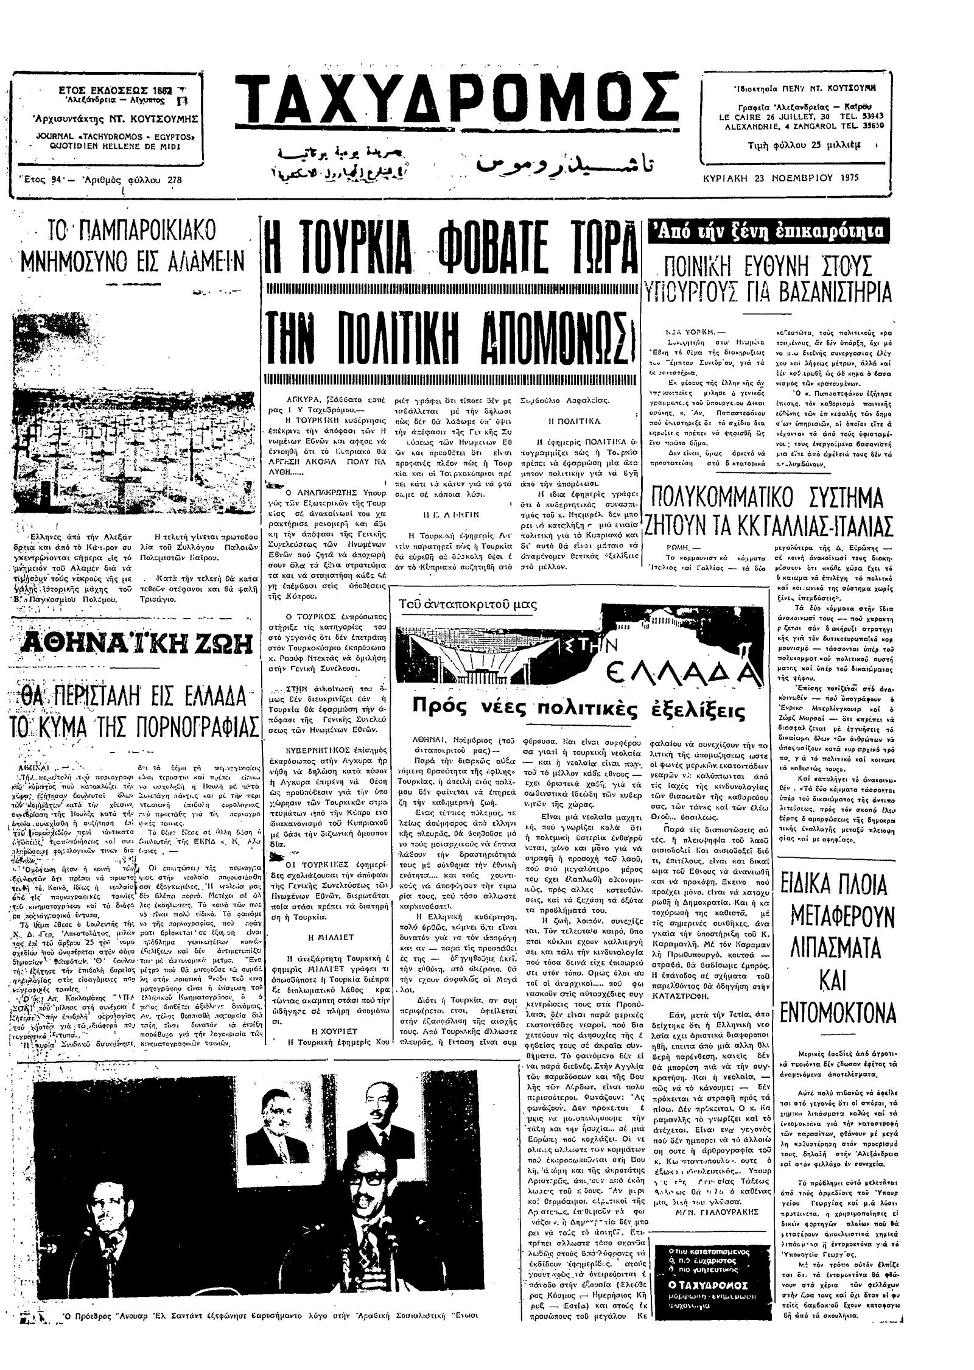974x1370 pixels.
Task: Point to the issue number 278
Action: click(x=174, y=180)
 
